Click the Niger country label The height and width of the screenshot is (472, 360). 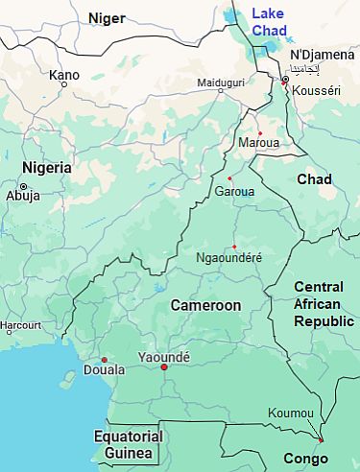(107, 17)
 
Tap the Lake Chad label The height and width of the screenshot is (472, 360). (268, 21)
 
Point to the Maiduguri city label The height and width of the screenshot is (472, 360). (221, 83)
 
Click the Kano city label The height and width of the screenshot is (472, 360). (64, 74)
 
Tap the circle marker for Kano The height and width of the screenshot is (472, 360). (64, 85)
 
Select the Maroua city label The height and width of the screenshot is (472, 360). (259, 143)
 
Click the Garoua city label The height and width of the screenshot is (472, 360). (235, 191)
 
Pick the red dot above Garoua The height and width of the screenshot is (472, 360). (229, 178)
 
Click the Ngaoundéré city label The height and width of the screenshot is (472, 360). (228, 257)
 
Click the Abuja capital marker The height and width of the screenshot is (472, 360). (23, 185)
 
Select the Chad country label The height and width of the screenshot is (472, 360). (314, 179)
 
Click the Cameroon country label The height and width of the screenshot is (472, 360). (205, 305)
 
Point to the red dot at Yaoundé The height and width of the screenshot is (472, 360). (164, 367)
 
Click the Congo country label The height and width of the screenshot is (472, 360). (304, 458)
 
